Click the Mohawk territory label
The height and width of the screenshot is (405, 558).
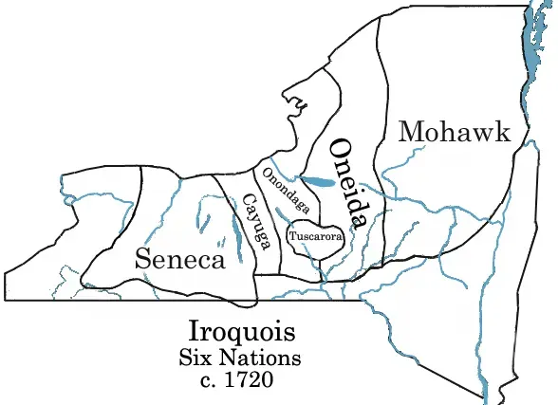pos(455,132)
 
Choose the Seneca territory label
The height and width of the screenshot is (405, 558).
pos(179,259)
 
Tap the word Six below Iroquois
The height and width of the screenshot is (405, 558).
pos(198,359)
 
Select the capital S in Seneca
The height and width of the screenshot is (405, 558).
pos(142,259)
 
